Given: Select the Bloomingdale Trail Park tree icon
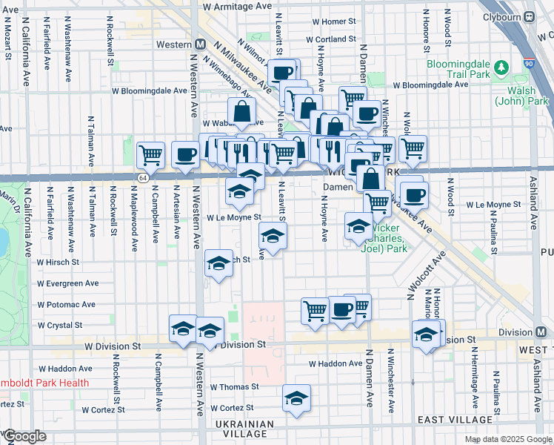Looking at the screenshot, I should coord(501,69).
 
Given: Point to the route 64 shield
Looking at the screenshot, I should coord(142,178).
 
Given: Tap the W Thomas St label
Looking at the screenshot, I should coord(234,387).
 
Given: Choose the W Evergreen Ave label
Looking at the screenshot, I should coord(68,283).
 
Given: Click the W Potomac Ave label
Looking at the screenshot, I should coord(67,304).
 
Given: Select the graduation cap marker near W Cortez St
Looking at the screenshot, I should coord(296,398).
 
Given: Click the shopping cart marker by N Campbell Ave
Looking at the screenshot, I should coord(150,155).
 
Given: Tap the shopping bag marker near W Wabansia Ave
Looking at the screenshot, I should coord(243,112).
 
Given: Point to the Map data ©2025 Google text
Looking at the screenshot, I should coord(507,439).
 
